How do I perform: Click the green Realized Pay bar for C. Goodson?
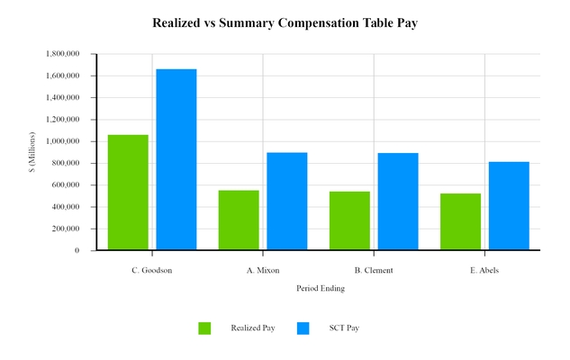[x=128, y=193]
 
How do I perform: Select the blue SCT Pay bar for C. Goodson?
[x=176, y=159]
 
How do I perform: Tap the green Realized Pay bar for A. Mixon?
[x=239, y=220]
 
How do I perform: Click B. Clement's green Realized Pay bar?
[x=349, y=220]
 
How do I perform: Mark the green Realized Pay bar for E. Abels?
[x=460, y=221]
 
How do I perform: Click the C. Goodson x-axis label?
[x=151, y=270]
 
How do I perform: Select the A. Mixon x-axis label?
[x=263, y=270]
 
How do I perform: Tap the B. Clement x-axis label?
[x=374, y=270]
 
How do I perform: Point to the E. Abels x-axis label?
[x=484, y=270]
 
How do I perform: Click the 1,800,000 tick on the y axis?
[x=62, y=54]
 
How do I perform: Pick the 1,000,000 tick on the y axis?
[x=62, y=141]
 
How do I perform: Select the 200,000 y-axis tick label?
[x=65, y=229]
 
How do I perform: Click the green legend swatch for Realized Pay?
[x=204, y=328]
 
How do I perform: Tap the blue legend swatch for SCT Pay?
[x=303, y=328]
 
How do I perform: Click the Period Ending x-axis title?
[x=320, y=289]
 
